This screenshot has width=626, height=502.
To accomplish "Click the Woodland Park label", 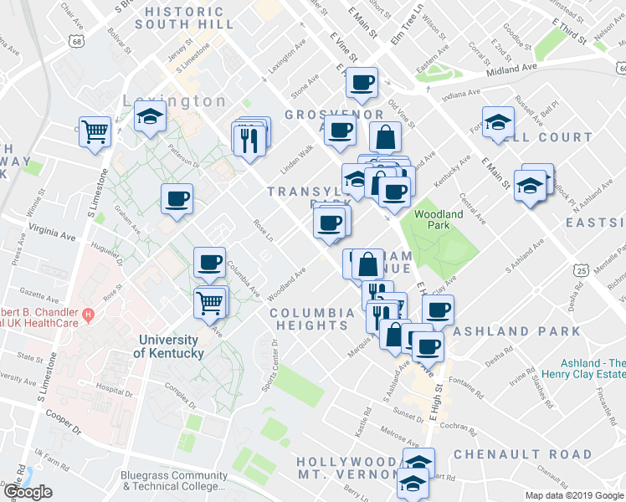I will pos(439,219).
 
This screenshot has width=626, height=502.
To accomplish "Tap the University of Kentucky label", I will pos(168,346).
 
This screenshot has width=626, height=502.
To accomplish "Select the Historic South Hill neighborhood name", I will pos(184,18).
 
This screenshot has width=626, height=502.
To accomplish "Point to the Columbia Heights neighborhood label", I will pos(312,319).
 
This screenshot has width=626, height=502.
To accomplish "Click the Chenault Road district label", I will pos(522,454).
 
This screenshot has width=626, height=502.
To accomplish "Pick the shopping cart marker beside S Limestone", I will pos(95,131).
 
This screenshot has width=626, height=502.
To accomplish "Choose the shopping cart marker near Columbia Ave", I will pos(211,301).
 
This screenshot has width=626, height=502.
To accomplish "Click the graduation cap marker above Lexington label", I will pos(150,116).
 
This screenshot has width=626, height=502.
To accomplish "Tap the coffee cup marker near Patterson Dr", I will pos(177,199).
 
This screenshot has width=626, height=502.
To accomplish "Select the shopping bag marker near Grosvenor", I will pos(384,137).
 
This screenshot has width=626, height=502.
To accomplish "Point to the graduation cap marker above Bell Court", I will pos(498,121).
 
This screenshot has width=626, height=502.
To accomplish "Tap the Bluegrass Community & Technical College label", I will pos(173,480).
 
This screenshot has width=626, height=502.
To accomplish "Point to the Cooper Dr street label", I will pos(64,417).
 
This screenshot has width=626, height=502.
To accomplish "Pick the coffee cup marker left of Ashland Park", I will pos(437,310).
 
